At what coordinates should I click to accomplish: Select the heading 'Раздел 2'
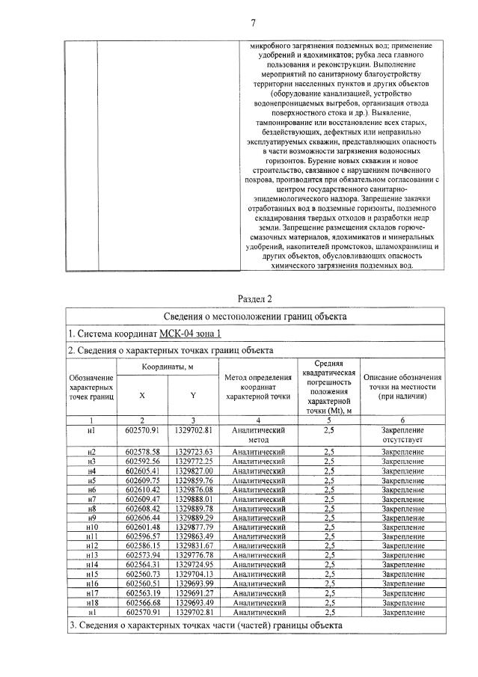[255, 299]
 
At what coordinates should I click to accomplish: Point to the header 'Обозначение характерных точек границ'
[91, 388]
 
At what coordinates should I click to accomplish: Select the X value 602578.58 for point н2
[144, 453]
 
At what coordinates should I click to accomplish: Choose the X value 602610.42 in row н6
[144, 489]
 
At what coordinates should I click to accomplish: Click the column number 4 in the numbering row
[259, 421]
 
